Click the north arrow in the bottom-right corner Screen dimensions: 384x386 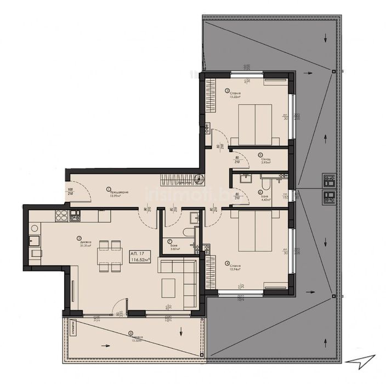[x=364, y=358]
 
